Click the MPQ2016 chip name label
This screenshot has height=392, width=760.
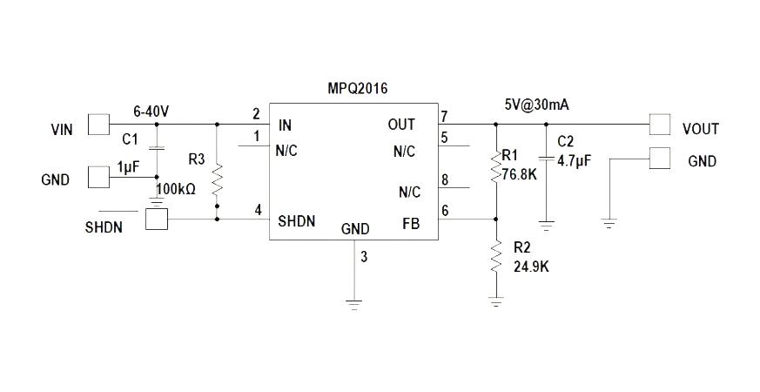pyautogui.click(x=358, y=88)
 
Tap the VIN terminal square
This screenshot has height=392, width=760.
pyautogui.click(x=99, y=125)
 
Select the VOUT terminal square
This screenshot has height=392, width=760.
pyautogui.click(x=660, y=125)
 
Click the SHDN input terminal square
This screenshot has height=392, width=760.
pyautogui.click(x=157, y=219)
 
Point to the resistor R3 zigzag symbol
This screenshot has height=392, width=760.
pyautogui.click(x=217, y=179)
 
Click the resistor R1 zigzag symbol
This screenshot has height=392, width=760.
pyautogui.click(x=496, y=166)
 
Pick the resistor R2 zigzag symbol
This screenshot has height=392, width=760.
pyautogui.click(x=496, y=256)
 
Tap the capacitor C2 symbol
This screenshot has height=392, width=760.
pyautogui.click(x=546, y=159)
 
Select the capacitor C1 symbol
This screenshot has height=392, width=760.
pyautogui.click(x=156, y=148)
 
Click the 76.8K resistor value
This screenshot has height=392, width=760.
pyautogui.click(x=520, y=174)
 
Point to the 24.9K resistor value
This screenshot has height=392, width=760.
pyautogui.click(x=531, y=267)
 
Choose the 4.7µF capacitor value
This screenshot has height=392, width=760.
pyautogui.click(x=575, y=161)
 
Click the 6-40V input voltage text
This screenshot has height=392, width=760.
pyautogui.click(x=151, y=112)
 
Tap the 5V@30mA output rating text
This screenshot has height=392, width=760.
pyautogui.click(x=536, y=105)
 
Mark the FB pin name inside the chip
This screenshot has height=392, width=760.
pyautogui.click(x=411, y=224)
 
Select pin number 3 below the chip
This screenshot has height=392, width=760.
pyautogui.click(x=364, y=257)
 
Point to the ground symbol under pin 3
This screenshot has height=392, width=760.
pyautogui.click(x=354, y=305)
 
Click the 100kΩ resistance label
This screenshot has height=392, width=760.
pyautogui.click(x=176, y=189)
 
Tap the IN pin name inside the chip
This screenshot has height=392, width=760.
pyautogui.click(x=285, y=125)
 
